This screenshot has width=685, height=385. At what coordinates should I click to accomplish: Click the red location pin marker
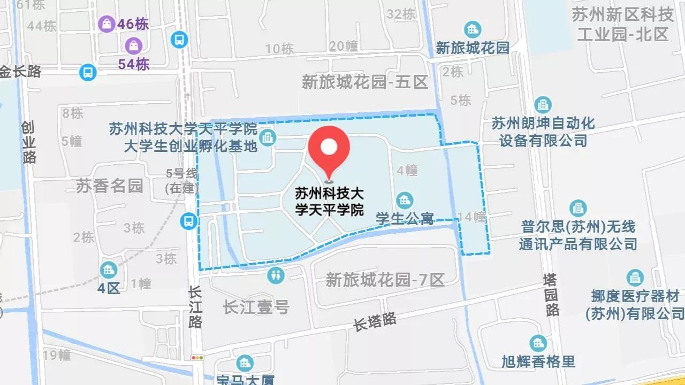(329, 148)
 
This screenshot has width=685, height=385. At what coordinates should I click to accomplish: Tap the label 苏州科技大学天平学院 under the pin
(329, 201)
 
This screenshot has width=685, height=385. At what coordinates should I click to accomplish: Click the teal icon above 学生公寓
(404, 201)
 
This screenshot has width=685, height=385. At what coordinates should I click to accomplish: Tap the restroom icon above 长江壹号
(276, 275)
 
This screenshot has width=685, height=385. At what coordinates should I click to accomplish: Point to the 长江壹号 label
(256, 307)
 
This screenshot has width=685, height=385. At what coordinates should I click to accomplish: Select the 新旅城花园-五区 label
(365, 82)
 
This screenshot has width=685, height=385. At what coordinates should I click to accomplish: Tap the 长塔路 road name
(375, 322)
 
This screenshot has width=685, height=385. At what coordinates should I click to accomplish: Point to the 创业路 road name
(29, 142)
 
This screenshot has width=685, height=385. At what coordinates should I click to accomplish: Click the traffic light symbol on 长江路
(197, 357)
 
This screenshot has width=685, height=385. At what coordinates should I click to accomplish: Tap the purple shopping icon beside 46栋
(106, 24)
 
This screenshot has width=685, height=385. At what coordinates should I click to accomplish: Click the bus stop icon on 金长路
(87, 72)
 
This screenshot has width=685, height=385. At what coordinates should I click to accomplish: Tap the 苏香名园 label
(109, 186)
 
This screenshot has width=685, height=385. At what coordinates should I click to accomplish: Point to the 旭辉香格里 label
(538, 361)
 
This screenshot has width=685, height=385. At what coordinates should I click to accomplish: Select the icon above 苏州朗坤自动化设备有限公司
(543, 105)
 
